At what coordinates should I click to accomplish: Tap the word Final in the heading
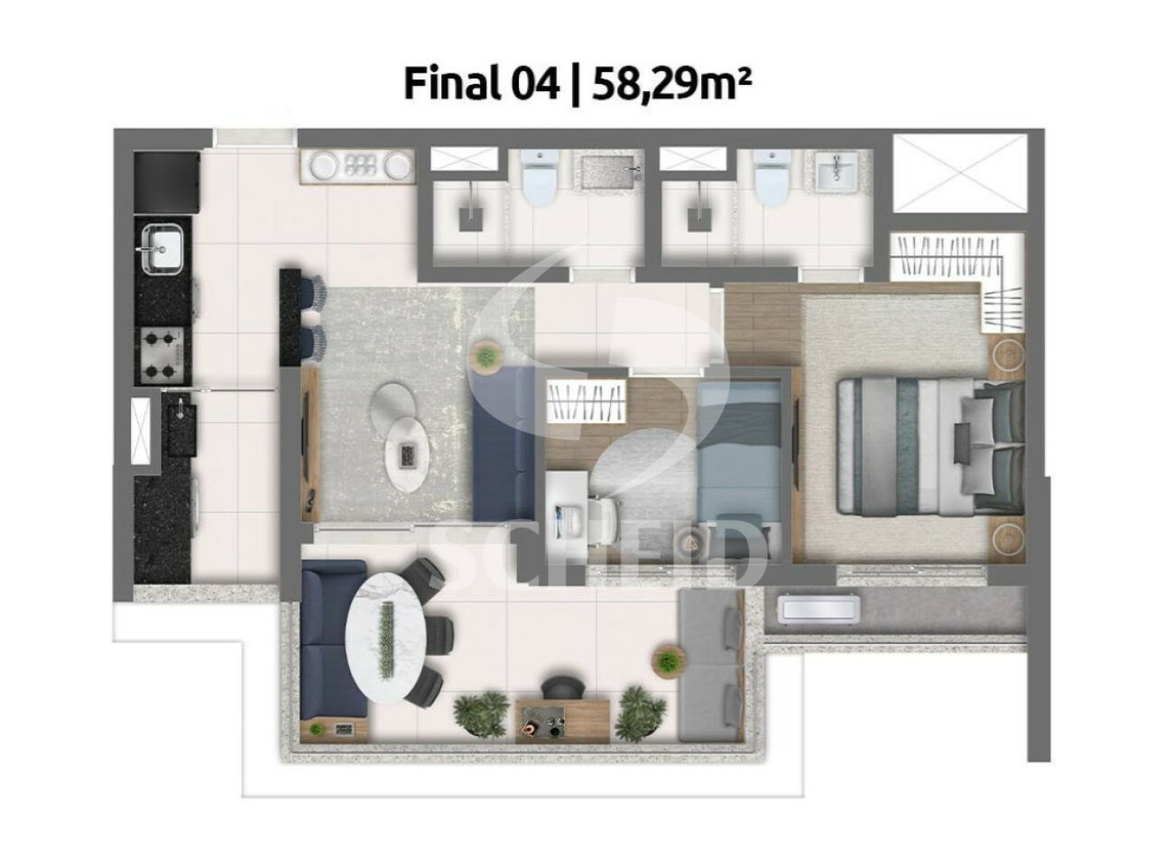tap(450, 84)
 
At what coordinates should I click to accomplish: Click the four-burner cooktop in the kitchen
tap(160, 356)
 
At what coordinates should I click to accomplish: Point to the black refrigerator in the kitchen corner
tap(167, 181)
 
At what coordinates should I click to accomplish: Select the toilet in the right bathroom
tap(772, 177)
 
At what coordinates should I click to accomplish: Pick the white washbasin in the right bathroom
tap(836, 171)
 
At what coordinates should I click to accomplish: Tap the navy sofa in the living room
tap(503, 443)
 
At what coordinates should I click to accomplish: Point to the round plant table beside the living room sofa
tap(486, 356)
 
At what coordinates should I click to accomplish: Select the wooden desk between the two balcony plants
tap(562, 721)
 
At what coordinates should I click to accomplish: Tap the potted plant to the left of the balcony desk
tap(481, 715)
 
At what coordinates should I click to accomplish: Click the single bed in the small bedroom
tap(738, 470)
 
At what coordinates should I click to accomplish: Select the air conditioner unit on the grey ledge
tap(818, 609)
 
